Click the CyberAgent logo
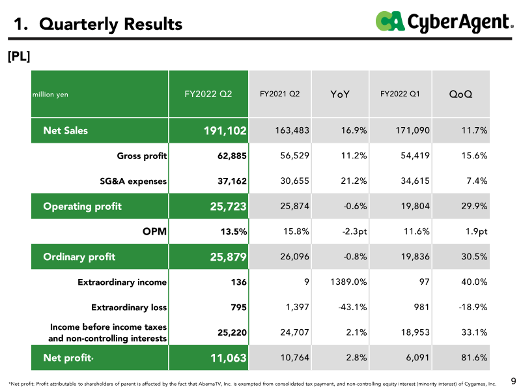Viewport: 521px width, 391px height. click(445, 22)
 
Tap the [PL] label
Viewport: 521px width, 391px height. click(19, 56)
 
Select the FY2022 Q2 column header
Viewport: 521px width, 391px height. click(208, 94)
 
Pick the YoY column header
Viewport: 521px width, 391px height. click(340, 94)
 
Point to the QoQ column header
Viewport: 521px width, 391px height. click(460, 94)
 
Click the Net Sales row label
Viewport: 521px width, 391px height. click(66, 130)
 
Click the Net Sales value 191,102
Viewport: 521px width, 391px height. click(225, 131)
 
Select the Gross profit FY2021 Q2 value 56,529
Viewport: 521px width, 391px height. click(295, 156)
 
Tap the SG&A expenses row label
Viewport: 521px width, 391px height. click(134, 181)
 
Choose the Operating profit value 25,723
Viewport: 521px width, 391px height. click(229, 207)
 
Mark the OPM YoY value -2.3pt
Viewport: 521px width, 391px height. click(354, 231)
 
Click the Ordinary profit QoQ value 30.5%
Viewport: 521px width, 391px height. click(474, 257)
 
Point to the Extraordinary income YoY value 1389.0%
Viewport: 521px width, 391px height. click(348, 282)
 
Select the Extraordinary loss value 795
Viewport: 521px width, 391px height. click(239, 307)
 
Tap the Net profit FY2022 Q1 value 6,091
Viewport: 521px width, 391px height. click(417, 358)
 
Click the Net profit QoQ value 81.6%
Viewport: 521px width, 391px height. click(474, 358)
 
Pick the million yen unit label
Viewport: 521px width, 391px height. click(50, 94)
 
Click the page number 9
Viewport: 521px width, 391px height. click(513, 381)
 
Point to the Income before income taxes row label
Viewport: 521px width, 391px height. click(107, 332)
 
